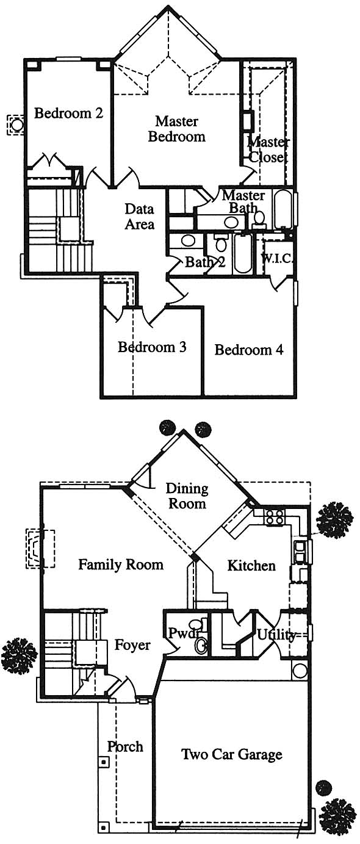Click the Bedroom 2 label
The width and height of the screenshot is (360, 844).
(68, 113)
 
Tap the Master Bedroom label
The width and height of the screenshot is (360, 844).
(176, 129)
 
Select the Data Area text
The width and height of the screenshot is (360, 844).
(139, 217)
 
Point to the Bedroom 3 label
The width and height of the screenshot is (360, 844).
(152, 347)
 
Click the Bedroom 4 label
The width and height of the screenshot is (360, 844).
(249, 350)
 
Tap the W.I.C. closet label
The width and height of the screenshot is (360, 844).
(277, 259)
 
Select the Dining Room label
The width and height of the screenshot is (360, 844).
(187, 496)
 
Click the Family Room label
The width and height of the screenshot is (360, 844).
(121, 564)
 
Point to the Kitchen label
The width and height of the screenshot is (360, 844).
(251, 566)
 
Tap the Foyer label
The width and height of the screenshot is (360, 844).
(132, 645)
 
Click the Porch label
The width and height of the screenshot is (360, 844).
(125, 746)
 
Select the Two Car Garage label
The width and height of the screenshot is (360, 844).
(232, 754)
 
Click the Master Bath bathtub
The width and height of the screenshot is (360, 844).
(283, 210)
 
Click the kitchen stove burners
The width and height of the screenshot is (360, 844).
(275, 516)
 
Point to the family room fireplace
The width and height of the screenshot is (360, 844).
(40, 548)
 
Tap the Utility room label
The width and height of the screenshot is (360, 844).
(276, 635)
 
